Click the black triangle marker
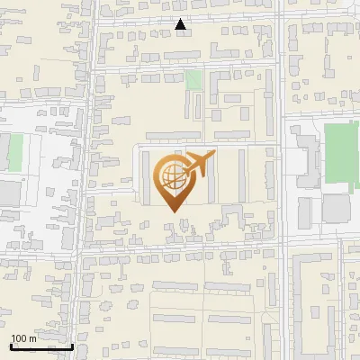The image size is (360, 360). (181, 25)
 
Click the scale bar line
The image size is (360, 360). (41, 346)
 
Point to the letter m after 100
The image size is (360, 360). (32, 338)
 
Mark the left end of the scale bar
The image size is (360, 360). (11, 346)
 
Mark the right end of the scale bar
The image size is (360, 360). (73, 346)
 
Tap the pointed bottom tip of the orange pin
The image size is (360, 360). (171, 210)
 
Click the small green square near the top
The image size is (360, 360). (193, 79)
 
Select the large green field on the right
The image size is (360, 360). (341, 156)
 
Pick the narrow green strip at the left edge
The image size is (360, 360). (15, 152)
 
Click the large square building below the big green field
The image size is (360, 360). (336, 208)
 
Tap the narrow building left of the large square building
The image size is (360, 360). (305, 211)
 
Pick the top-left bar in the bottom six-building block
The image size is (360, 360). (175, 286)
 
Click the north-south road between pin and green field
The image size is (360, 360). (282, 180)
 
